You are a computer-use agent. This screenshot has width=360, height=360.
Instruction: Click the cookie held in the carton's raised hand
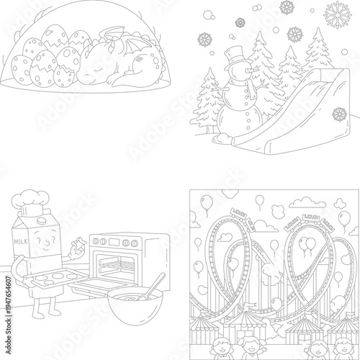pyautogui.click(x=80, y=247)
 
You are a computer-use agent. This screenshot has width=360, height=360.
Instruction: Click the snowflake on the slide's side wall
pyautogui.click(x=340, y=114)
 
